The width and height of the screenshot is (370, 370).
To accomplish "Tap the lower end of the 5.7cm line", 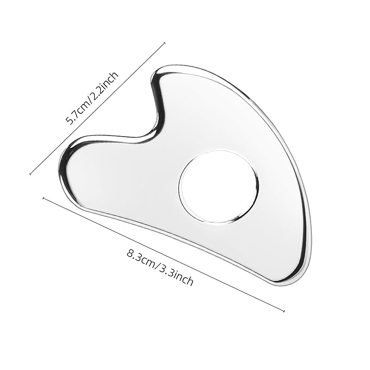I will [30, 174].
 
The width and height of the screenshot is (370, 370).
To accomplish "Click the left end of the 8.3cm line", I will [43, 198].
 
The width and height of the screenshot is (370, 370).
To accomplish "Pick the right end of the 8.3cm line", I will [284, 311].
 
